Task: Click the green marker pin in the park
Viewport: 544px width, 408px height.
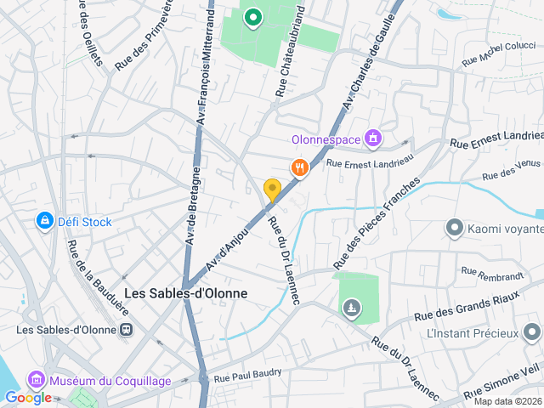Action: (x=252, y=16)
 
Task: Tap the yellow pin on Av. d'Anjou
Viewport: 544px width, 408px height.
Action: (x=272, y=189)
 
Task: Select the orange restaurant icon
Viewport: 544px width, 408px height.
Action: (x=299, y=167)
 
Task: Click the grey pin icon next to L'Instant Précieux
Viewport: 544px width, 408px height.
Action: (x=532, y=331)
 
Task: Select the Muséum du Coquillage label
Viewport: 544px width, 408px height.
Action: (x=110, y=380)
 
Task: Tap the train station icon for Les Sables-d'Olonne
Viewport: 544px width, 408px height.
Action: (x=126, y=329)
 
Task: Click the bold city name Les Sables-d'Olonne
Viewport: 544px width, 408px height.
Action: (x=186, y=293)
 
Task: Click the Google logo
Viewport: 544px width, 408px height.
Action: (x=28, y=397)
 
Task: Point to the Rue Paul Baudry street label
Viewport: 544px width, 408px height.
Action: (x=247, y=375)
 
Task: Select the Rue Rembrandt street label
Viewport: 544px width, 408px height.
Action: (x=492, y=274)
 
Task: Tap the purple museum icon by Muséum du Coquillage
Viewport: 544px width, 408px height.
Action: (x=36, y=379)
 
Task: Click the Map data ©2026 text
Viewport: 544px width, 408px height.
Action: (x=507, y=401)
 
